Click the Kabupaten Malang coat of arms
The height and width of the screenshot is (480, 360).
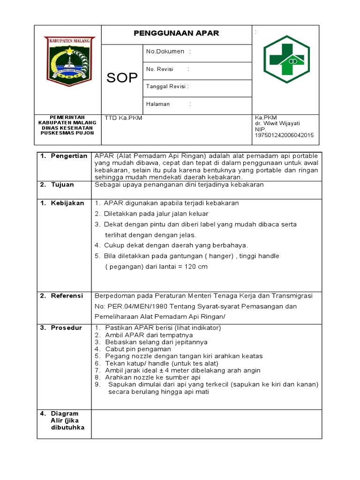coord(69,61)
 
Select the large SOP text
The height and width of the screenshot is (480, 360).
coord(122,78)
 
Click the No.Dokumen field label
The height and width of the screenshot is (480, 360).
coord(165,51)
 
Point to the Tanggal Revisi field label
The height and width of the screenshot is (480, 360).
coord(167,87)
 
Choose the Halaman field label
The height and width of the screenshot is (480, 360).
coord(158,104)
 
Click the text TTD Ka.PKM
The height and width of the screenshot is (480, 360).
coord(123,118)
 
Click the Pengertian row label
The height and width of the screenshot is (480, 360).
coord(69,156)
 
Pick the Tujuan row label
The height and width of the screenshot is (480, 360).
coord(62,185)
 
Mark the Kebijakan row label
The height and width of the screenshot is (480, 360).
coord(67,203)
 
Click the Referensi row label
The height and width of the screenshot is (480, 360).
coord(67,296)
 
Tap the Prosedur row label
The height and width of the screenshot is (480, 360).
coord(66,328)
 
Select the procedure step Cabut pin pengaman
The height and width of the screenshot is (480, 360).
coord(138,349)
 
